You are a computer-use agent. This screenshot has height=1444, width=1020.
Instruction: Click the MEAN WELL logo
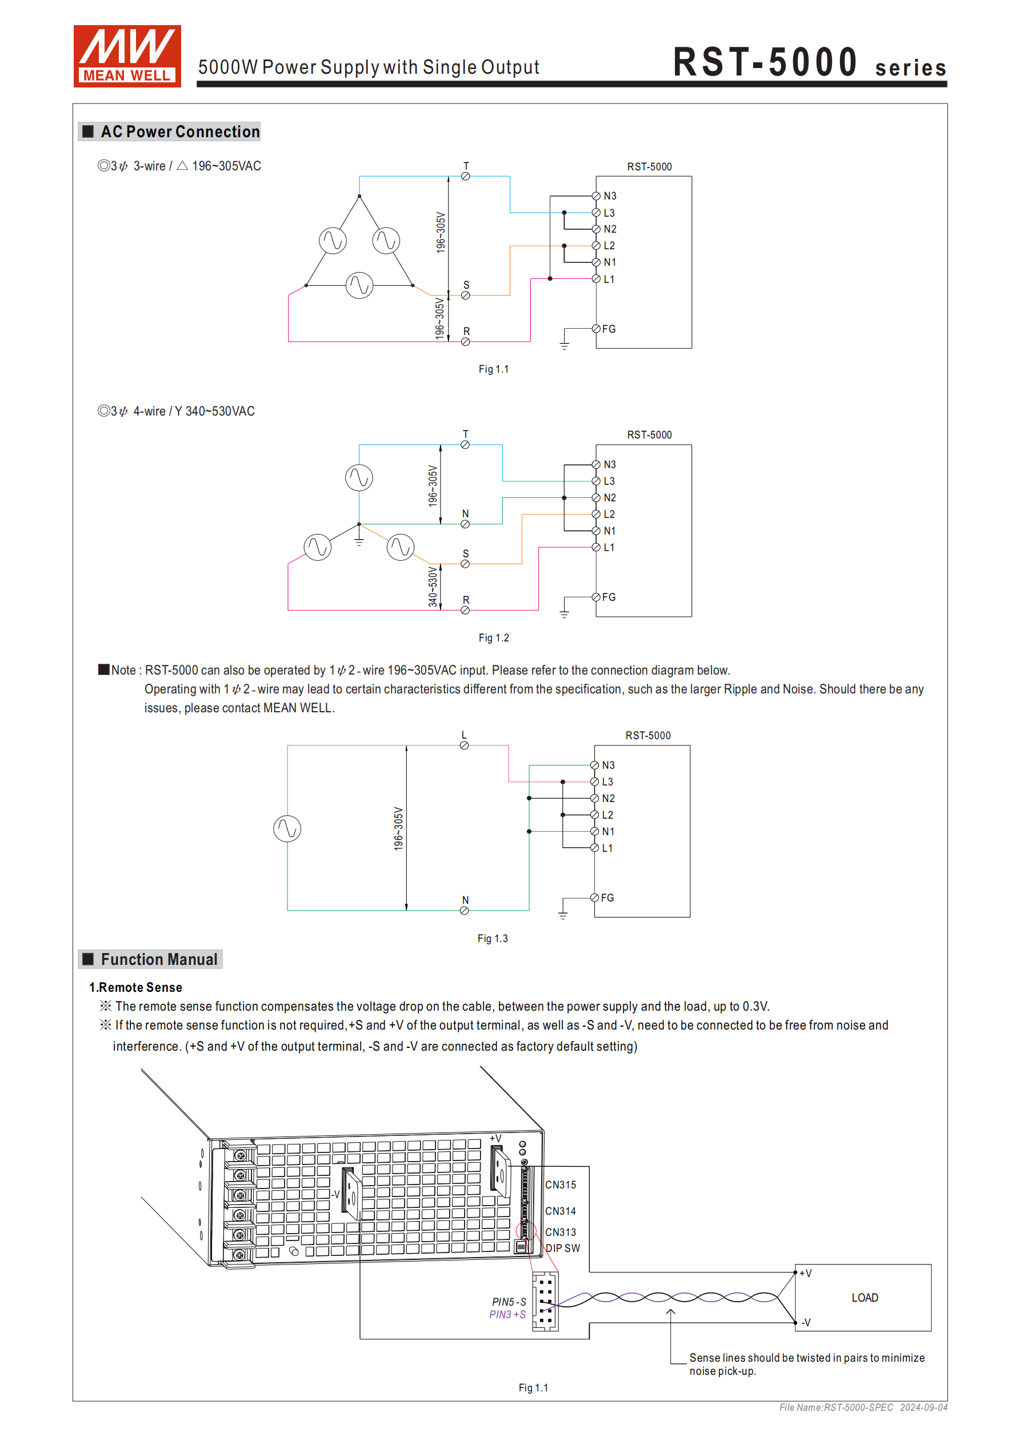click(x=127, y=56)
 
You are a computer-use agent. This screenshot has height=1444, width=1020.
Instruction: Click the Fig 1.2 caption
click(x=494, y=638)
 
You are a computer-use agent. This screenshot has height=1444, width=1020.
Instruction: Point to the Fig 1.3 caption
click(x=493, y=938)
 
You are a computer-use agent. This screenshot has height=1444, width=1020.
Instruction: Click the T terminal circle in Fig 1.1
click(x=465, y=177)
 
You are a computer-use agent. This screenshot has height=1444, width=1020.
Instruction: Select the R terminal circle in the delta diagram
click(x=465, y=342)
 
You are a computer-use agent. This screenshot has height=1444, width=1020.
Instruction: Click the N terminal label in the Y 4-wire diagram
click(x=465, y=514)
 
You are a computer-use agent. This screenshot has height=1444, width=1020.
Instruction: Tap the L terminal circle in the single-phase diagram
click(x=464, y=746)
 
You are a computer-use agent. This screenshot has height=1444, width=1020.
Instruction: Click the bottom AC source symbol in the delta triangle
click(x=359, y=285)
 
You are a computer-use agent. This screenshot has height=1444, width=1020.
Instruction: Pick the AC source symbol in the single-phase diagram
click(x=287, y=828)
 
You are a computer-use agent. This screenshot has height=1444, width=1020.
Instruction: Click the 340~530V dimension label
click(x=433, y=587)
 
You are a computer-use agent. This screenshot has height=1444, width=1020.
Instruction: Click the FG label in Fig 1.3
click(x=607, y=897)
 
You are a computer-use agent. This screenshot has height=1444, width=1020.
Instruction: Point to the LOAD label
click(x=865, y=1298)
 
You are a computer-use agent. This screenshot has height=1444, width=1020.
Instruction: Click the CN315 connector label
click(x=561, y=1185)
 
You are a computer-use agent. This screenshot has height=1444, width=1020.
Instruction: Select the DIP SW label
click(x=563, y=1248)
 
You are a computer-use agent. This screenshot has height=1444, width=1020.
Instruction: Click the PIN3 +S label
click(x=507, y=1314)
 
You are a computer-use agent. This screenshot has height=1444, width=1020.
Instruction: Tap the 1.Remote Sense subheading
click(x=136, y=987)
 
